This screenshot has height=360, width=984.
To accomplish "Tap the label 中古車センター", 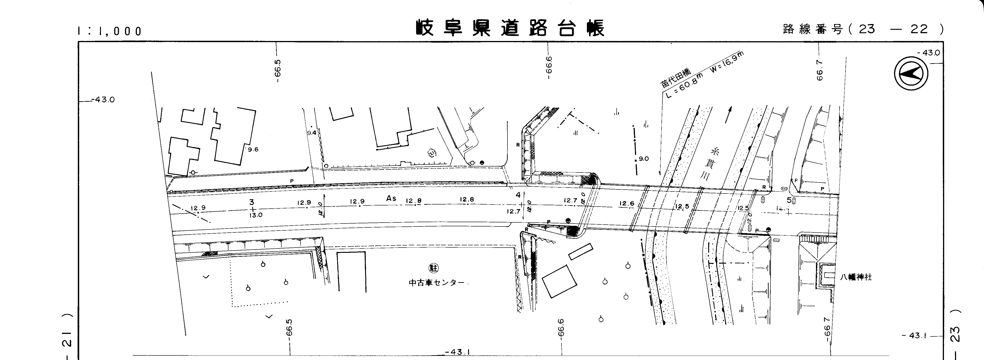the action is click(x=437, y=283).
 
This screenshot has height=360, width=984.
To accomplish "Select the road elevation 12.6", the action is click(x=626, y=204).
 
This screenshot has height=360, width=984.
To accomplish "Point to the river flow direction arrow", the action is click(x=729, y=114).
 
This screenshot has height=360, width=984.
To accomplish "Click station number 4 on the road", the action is click(x=518, y=195).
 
